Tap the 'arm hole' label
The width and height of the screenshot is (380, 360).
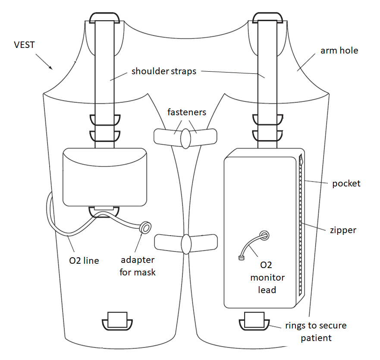339,51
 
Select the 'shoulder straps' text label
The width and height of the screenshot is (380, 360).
164,71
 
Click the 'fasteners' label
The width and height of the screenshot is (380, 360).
187,112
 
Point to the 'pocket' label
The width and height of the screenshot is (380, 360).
346,183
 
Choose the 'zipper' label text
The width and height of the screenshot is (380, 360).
343,230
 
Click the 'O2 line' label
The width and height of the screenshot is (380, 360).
85,260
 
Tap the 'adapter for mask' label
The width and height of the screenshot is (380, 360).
137,266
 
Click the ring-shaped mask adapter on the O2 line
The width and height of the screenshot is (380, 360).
147,227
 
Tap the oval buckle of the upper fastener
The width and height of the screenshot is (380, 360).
185,137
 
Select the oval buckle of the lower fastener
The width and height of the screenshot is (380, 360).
186,244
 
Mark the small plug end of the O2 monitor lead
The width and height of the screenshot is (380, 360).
241,259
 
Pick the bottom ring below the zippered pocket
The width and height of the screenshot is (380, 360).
255,322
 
